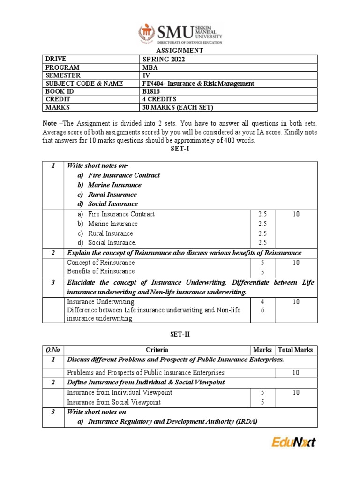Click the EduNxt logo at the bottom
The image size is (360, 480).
click(294, 442)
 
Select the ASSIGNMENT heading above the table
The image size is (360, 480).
click(180, 50)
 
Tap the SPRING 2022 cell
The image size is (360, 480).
click(160, 59)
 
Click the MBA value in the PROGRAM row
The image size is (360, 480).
click(150, 67)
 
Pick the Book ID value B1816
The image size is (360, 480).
click(151, 91)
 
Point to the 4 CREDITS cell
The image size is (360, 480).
click(159, 99)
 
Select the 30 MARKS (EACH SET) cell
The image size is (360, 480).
click(178, 108)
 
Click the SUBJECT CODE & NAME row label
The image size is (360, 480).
click(84, 83)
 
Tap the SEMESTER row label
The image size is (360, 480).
click(63, 75)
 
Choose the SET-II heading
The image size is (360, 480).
click(180, 334)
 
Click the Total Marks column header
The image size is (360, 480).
click(296, 350)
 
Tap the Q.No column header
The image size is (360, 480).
click(53, 350)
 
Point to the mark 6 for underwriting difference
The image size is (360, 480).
click(262, 310)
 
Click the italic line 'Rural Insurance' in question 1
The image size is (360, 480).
click(112, 195)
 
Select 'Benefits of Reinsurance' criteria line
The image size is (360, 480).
click(101, 271)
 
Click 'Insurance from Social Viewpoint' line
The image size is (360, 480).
click(114, 402)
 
